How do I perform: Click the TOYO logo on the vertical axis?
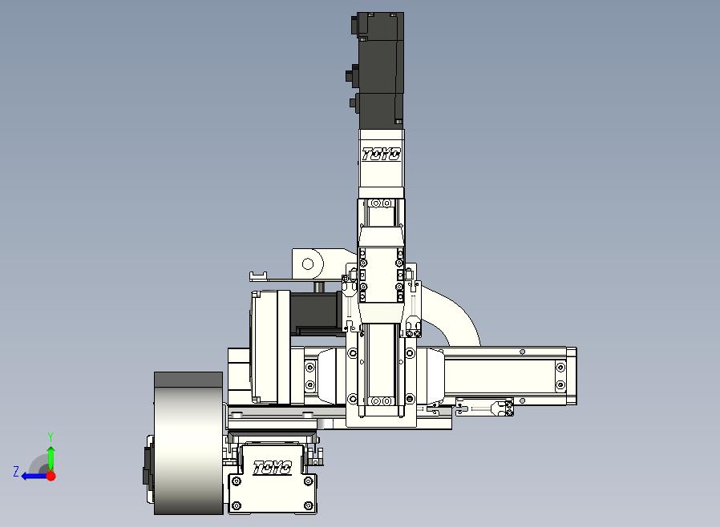(x=381, y=155)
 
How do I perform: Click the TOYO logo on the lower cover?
(x=273, y=468)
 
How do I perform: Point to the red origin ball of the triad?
(x=51, y=476)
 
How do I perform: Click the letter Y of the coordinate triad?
(x=51, y=436)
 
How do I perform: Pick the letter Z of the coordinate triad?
(x=16, y=471)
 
